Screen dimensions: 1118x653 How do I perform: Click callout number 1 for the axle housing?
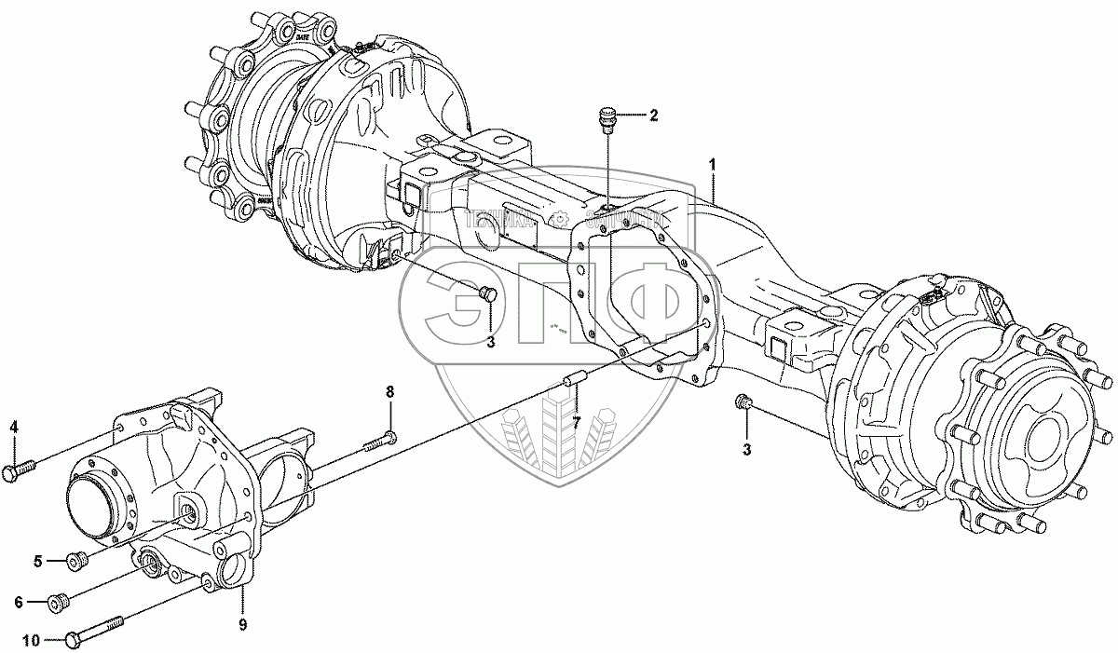coord(713,164)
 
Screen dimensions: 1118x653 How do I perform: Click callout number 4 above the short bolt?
coord(13,428)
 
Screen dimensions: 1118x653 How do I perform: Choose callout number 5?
coord(38,561)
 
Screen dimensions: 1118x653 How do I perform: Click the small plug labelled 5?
coord(78,560)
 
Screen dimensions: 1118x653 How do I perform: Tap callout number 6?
coord(18,603)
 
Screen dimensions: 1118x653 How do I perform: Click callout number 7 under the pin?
coord(577,424)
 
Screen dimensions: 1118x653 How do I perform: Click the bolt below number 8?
coord(376,439)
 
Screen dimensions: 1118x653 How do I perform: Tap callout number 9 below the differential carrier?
coord(241,624)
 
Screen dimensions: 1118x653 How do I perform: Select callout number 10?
coord(32,640)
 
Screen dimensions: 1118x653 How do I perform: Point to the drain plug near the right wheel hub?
coord(743,402)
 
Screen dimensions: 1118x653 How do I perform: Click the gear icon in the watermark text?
coord(561,220)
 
